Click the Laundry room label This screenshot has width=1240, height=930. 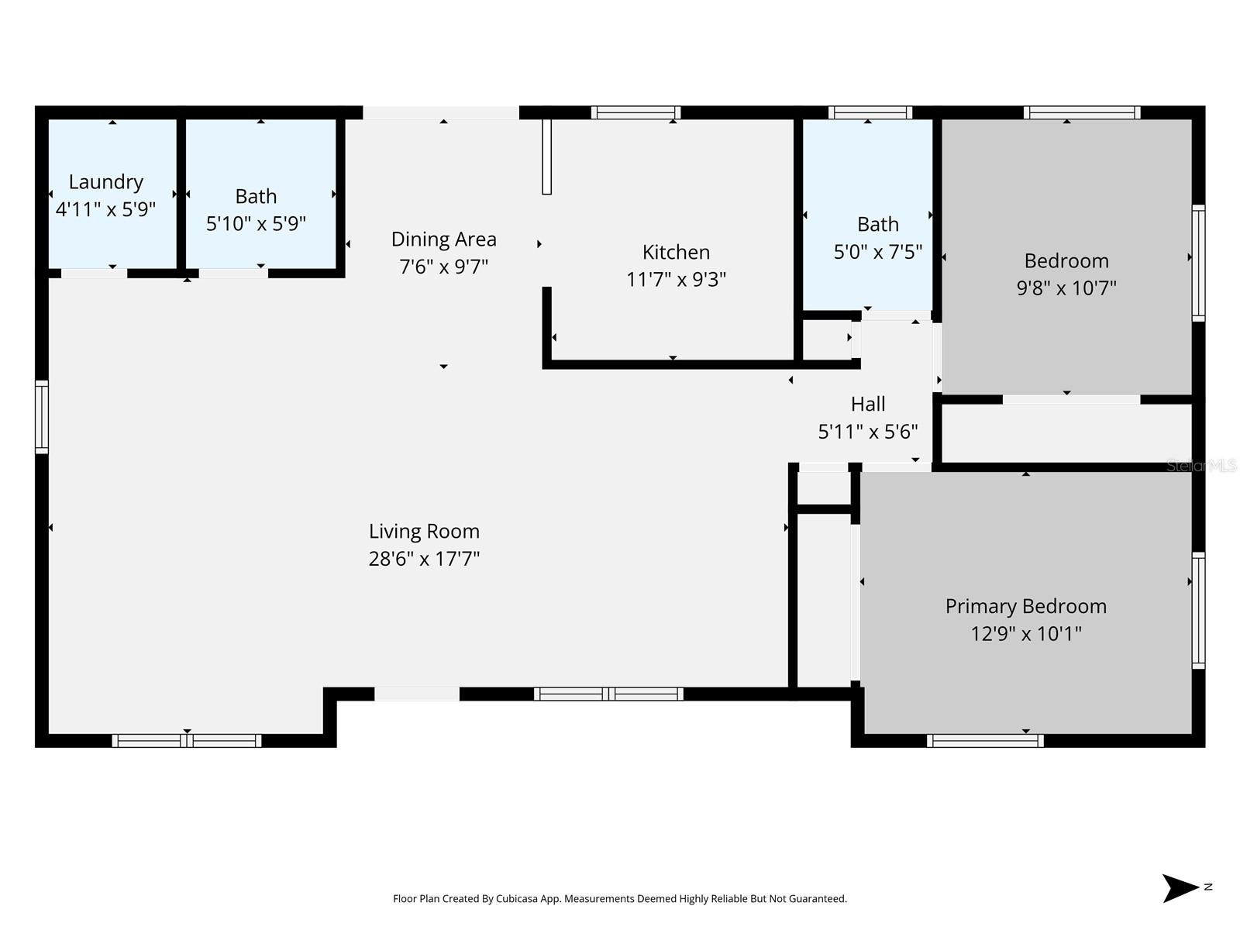(106, 182)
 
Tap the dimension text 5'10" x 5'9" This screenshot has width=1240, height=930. (256, 224)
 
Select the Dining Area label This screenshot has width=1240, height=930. (443, 239)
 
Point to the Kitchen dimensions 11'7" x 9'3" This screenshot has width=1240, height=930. (676, 280)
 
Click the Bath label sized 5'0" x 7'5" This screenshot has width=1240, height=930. (877, 225)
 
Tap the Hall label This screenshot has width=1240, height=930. (868, 405)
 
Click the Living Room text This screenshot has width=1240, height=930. (424, 532)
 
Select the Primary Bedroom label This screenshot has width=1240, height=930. (1025, 607)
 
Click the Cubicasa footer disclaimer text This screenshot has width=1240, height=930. (619, 899)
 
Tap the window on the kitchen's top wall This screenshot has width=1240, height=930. (635, 113)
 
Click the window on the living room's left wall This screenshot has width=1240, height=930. (42, 417)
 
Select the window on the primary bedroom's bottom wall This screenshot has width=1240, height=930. (985, 741)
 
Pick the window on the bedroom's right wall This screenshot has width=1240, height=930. (1198, 263)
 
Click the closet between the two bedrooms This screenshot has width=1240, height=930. (1066, 433)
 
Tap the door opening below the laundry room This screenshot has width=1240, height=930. (94, 274)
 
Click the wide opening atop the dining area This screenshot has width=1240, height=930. (441, 113)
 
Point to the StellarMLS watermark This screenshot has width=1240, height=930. (1201, 466)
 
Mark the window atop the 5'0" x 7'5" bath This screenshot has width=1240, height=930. (870, 113)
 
